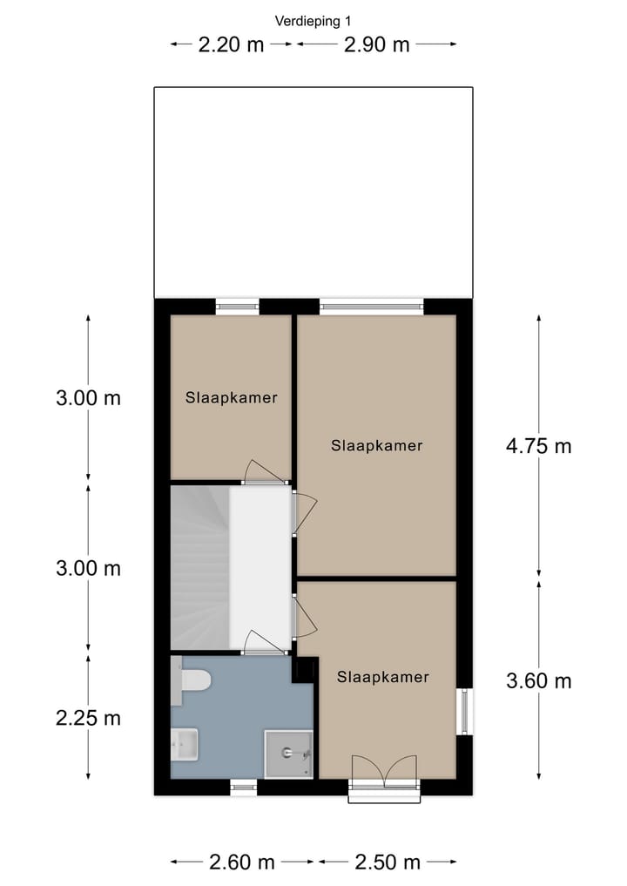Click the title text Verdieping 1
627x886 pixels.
pyautogui.click(x=313, y=21)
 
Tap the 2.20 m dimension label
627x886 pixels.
pyautogui.click(x=231, y=44)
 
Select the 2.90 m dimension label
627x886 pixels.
pyautogui.click(x=376, y=44)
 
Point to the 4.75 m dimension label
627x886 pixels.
pyautogui.click(x=538, y=446)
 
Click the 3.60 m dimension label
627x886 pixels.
pyautogui.click(x=538, y=680)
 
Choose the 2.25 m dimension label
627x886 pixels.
pyautogui.click(x=88, y=719)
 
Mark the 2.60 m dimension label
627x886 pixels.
pyautogui.click(x=242, y=862)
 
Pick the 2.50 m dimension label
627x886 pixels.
pyautogui.click(x=388, y=862)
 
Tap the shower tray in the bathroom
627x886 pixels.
pyautogui.click(x=288, y=754)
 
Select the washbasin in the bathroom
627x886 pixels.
pyautogui.click(x=184, y=743)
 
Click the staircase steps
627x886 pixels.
pyautogui.click(x=199, y=566)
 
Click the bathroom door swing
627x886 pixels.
pyautogui.click(x=264, y=643)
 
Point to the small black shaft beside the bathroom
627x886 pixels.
pyautogui.click(x=304, y=670)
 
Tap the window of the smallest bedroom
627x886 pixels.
pyautogui.click(x=237, y=306)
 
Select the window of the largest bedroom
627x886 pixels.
pyautogui.click(x=371, y=306)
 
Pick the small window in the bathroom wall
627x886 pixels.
pyautogui.click(x=244, y=788)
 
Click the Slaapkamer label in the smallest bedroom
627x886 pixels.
pyautogui.click(x=231, y=398)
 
